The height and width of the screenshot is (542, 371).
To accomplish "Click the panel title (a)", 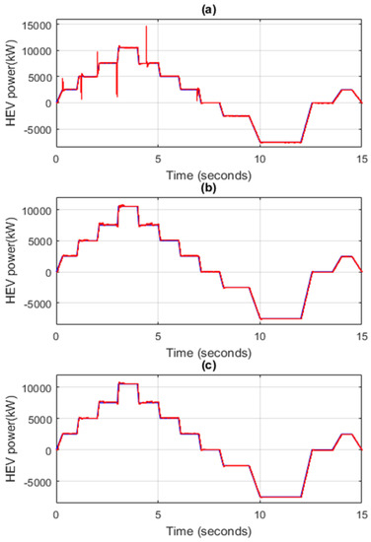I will point(209,7).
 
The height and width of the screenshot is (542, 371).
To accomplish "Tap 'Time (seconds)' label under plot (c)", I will point(209,532).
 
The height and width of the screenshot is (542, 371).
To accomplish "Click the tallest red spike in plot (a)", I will point(146,30).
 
